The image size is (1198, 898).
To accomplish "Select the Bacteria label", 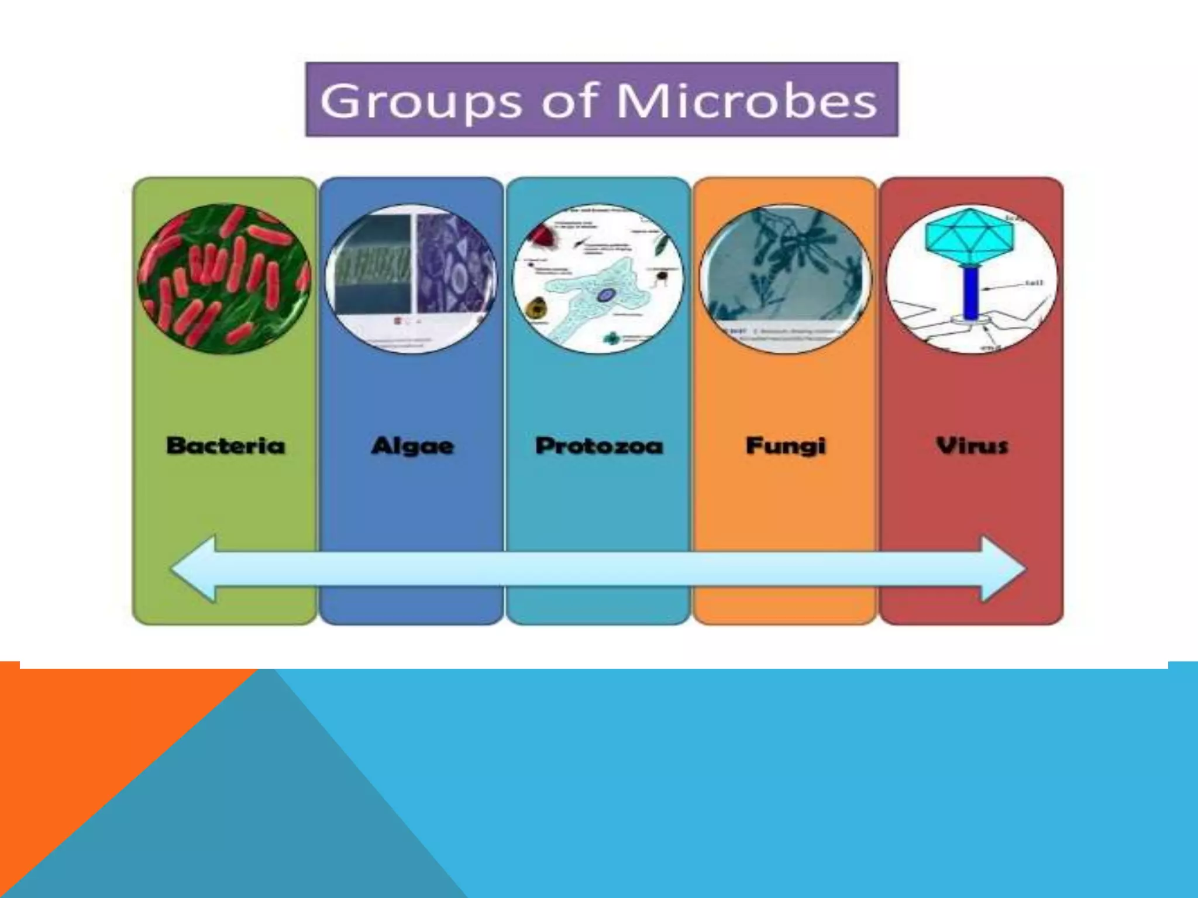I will click(226, 445).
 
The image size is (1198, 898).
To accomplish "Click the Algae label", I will click(412, 446).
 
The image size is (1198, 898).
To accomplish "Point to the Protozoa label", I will click(599, 446).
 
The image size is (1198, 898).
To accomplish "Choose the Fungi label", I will click(785, 446).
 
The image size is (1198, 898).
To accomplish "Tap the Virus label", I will click(972, 446).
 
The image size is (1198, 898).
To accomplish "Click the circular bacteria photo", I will click(225, 278).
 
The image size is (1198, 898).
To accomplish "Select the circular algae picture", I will click(411, 278).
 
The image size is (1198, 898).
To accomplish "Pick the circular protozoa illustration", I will click(598, 278).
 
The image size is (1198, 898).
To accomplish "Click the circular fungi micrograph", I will click(785, 278).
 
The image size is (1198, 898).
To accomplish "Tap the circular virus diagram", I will click(972, 278).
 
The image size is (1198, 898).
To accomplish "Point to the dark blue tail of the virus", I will click(971, 292).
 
